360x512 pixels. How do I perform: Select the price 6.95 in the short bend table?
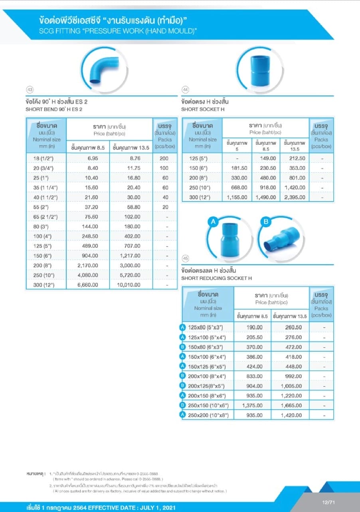pyautogui.click(x=93, y=158)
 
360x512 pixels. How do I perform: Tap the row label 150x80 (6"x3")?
pyautogui.click(x=205, y=347)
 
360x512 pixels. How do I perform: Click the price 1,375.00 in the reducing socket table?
pyautogui.click(x=252, y=405)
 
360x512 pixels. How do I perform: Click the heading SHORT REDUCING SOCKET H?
pyautogui.click(x=216, y=278)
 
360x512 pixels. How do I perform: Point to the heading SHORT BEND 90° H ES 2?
pyautogui.click(x=54, y=109)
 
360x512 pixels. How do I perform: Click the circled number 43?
pyautogui.click(x=29, y=90)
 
